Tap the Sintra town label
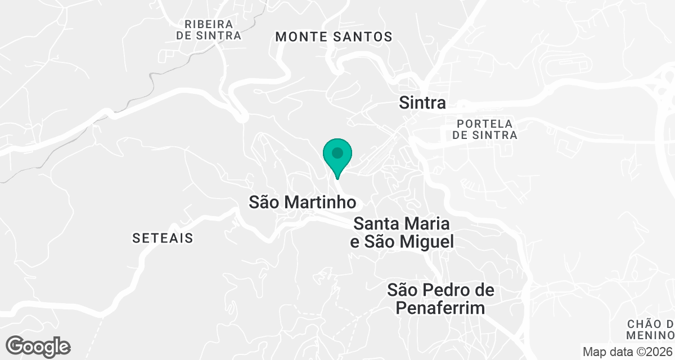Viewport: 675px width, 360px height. pos(422,103)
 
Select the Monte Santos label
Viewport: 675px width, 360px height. pos(334,37)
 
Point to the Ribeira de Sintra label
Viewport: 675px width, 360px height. pos(208,30)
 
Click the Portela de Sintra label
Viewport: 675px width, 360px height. pos(485,129)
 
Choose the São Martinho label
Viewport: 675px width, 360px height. pos(303,202)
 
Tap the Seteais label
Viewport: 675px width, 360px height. pos(163,238)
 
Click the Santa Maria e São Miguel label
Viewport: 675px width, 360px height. pos(402,233)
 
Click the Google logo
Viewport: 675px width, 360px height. pos(38,346)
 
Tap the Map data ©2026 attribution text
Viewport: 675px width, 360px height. pos(627,352)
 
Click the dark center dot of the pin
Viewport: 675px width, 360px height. pos(337,152)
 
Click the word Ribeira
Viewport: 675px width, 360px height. pos(201,24)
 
